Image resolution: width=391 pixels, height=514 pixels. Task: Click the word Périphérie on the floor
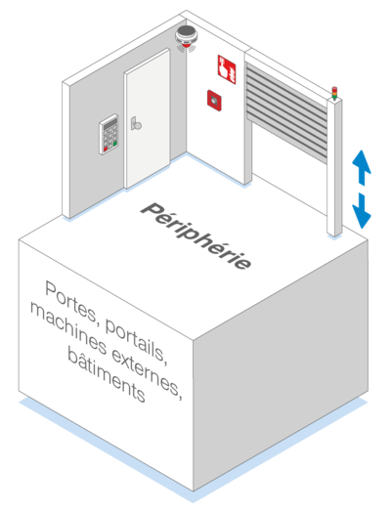click(x=195, y=236)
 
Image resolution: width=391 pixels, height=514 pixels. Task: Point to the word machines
click(x=68, y=328)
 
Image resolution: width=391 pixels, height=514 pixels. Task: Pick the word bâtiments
click(x=107, y=374)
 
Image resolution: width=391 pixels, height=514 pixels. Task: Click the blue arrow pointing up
click(x=362, y=167)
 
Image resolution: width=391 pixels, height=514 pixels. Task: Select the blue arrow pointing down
click(x=362, y=210)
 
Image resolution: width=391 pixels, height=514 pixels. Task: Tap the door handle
click(x=136, y=123)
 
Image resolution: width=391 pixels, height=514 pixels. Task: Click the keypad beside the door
click(x=109, y=134)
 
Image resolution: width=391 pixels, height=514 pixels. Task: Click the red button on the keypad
click(x=106, y=150)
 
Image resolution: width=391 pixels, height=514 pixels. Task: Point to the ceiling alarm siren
click(x=186, y=37)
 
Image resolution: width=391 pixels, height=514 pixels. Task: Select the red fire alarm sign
click(x=227, y=69)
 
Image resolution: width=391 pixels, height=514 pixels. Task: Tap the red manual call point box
click(x=214, y=101)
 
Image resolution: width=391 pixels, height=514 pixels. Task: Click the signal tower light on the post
click(x=334, y=93)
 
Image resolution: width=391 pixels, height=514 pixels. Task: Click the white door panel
click(x=148, y=118)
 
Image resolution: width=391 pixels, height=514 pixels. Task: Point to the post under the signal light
click(x=334, y=166)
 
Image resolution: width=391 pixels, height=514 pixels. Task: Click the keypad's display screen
click(x=109, y=124)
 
